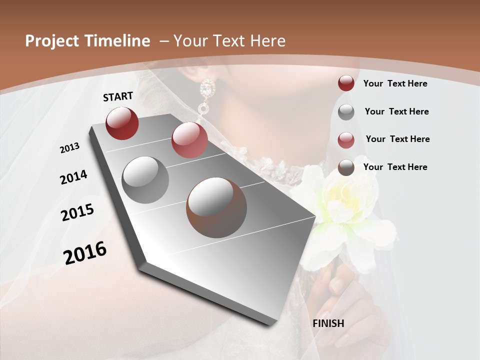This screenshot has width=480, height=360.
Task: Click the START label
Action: [x=118, y=96]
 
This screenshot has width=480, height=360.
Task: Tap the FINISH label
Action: [x=328, y=323]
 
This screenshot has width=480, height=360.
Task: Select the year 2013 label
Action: [x=70, y=148]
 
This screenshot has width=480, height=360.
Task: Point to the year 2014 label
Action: [x=73, y=177]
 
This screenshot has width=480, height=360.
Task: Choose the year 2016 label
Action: [x=85, y=252]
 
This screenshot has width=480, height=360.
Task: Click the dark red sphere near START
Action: [x=122, y=123]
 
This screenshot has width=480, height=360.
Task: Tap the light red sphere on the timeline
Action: [x=189, y=140]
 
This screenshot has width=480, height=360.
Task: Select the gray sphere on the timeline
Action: [x=145, y=180]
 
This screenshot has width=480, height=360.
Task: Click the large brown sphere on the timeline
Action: [x=216, y=207]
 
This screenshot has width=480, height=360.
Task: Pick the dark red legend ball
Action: [x=346, y=83]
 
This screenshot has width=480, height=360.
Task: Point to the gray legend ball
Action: [x=346, y=112]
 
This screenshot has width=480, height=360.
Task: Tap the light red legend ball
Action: [x=346, y=139]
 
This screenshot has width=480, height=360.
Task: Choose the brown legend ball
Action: [x=346, y=167]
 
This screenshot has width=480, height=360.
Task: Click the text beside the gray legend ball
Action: [x=396, y=111]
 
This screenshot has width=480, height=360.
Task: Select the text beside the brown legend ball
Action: [x=395, y=167]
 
